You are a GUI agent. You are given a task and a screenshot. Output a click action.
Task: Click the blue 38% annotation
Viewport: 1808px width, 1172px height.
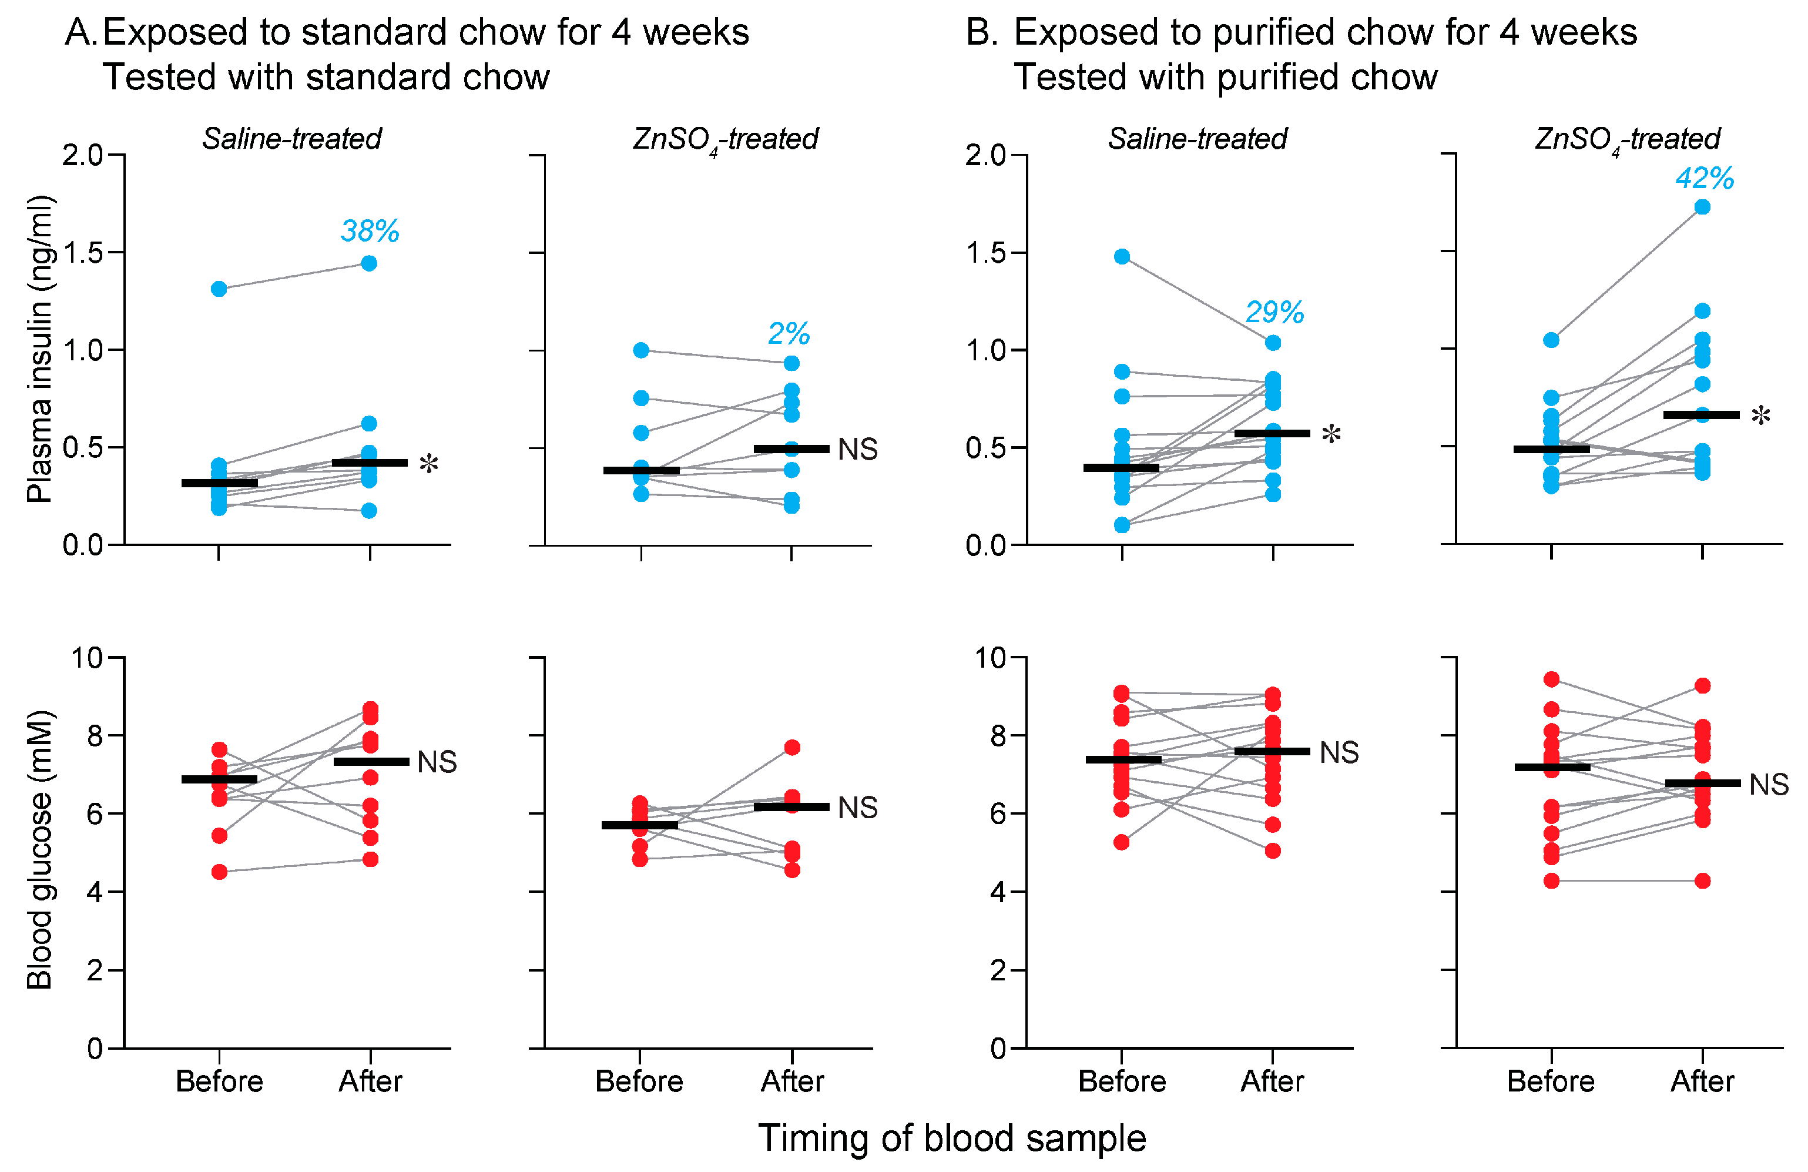pyautogui.click(x=370, y=230)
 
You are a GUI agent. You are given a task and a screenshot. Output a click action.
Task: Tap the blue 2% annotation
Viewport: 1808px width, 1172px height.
pyautogui.click(x=789, y=333)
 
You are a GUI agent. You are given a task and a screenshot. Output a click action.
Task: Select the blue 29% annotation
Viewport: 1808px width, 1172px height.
pyautogui.click(x=1274, y=312)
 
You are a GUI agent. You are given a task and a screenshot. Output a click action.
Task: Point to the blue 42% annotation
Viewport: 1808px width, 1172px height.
pyautogui.click(x=1705, y=178)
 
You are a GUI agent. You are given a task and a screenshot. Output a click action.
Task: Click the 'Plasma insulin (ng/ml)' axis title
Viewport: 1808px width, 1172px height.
pyautogui.click(x=39, y=349)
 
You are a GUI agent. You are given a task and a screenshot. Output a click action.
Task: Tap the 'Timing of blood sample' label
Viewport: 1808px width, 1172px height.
pyautogui.click(x=952, y=1138)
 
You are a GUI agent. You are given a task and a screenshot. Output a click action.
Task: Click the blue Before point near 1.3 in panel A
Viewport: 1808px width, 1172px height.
pyautogui.click(x=219, y=289)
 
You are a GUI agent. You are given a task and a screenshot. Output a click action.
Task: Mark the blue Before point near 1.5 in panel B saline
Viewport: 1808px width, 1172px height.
pyautogui.click(x=1122, y=256)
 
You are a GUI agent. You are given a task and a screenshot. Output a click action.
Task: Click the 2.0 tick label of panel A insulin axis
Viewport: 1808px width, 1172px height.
pyautogui.click(x=83, y=155)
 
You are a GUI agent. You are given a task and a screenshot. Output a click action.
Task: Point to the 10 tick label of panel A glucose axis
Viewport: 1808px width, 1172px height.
pyautogui.click(x=86, y=657)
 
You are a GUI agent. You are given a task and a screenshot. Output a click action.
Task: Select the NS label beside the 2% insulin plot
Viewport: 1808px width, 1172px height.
pyautogui.click(x=858, y=449)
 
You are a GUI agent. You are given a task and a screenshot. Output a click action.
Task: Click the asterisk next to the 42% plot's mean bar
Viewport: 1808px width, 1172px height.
pyautogui.click(x=1760, y=416)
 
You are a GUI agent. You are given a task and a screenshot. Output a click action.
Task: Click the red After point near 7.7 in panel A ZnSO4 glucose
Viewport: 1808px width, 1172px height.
pyautogui.click(x=791, y=747)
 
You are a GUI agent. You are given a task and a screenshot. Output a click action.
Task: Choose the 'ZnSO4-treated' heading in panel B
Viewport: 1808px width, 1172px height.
pyautogui.click(x=1627, y=139)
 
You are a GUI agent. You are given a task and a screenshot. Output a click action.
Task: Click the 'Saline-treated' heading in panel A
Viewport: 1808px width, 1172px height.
pyautogui.click(x=291, y=139)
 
